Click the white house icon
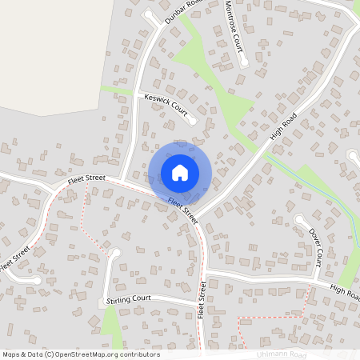pos(180,172)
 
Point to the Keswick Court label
pos(163,106)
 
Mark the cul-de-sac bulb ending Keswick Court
pos(192,121)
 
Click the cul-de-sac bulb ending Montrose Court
pos(244,62)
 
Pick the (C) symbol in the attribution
pos(50,354)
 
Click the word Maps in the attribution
pos(10,354)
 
